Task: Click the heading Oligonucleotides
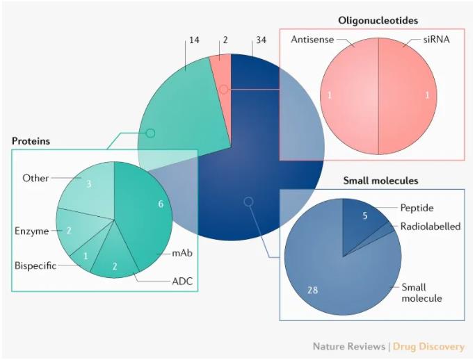tap(378, 21)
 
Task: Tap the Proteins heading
tap(31, 141)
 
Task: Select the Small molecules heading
tap(380, 181)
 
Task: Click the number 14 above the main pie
tap(194, 40)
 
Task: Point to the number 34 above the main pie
tap(261, 40)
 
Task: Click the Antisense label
tap(312, 40)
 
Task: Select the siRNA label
tap(436, 40)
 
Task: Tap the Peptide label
tap(417, 208)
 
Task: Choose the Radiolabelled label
tap(430, 227)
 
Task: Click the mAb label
tap(182, 253)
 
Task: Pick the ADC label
tap(182, 281)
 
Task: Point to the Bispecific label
tap(35, 266)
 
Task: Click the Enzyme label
tap(31, 231)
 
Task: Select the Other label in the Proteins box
tap(35, 178)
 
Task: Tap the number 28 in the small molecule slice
tap(313, 290)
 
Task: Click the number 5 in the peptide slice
tap(365, 215)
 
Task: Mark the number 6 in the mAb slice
tap(161, 204)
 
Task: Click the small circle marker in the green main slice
tap(150, 133)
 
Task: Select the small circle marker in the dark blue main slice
tap(248, 202)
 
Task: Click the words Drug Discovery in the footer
tap(428, 347)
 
